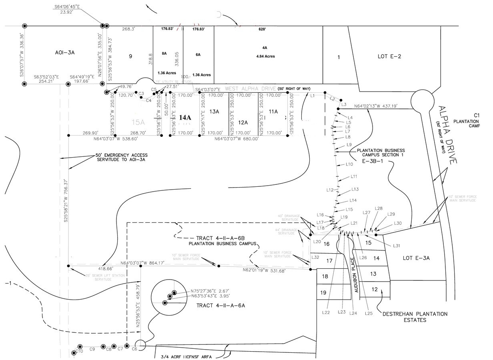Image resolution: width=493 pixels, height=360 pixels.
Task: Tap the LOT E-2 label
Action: tap(389, 56)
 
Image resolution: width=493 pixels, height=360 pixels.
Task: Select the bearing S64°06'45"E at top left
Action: tap(67, 7)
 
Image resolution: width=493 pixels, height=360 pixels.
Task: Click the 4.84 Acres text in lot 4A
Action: tap(265, 56)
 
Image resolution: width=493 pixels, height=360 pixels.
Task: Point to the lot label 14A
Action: tap(185, 118)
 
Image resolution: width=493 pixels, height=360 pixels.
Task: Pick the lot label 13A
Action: tap(214, 112)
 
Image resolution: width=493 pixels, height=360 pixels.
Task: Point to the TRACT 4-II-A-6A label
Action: tap(220, 306)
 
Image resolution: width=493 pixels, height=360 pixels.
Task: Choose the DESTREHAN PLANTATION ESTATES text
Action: tap(415, 317)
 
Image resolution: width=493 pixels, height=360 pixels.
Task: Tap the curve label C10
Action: tap(79, 351)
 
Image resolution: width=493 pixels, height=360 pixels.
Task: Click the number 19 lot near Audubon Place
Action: tap(323, 293)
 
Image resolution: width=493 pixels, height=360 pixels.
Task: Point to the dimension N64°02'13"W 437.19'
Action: tap(382, 106)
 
